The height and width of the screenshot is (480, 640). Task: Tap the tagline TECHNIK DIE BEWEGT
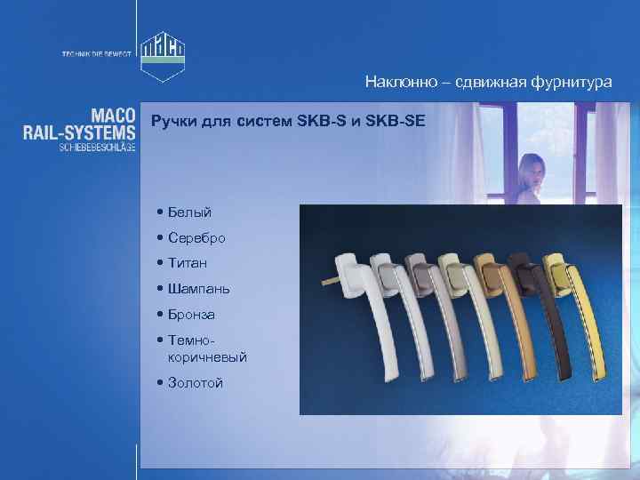click(96, 54)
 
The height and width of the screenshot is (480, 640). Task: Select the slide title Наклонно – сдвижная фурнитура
click(488, 82)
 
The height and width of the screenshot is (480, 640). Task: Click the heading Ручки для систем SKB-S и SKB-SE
click(288, 120)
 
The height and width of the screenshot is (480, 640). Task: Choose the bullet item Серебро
click(196, 238)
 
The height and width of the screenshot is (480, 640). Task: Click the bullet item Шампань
click(198, 289)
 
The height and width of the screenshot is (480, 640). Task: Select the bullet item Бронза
click(191, 315)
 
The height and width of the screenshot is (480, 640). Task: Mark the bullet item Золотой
click(195, 383)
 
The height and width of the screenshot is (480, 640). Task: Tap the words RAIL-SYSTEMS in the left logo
click(79, 132)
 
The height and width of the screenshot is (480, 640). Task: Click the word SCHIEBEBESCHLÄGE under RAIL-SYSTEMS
click(98, 147)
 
